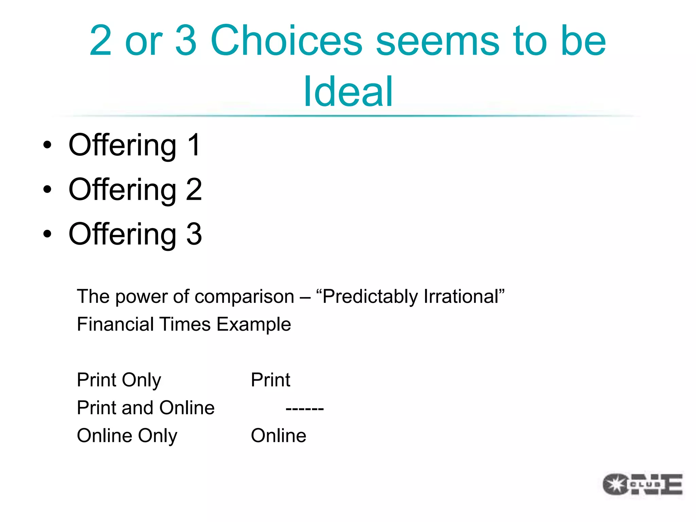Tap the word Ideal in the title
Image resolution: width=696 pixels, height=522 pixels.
click(348, 91)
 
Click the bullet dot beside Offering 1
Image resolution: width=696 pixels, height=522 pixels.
click(48, 145)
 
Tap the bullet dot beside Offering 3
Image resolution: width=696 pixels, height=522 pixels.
click(48, 234)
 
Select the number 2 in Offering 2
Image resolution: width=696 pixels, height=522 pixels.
click(194, 189)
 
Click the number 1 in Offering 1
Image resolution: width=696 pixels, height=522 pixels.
click(194, 145)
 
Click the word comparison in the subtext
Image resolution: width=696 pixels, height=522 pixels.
click(244, 296)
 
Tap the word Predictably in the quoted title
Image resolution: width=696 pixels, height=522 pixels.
click(370, 296)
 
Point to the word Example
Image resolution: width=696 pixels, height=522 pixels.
click(254, 325)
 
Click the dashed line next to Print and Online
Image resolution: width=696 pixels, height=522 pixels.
click(304, 408)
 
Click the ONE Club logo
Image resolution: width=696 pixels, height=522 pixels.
click(642, 484)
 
